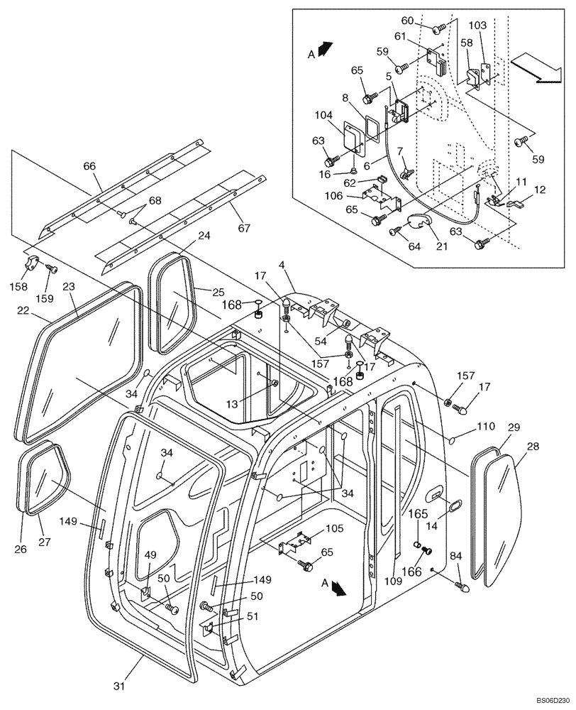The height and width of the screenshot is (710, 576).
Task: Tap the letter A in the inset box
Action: click(x=311, y=53)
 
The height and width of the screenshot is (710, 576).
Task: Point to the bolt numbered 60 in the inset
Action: click(x=438, y=28)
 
